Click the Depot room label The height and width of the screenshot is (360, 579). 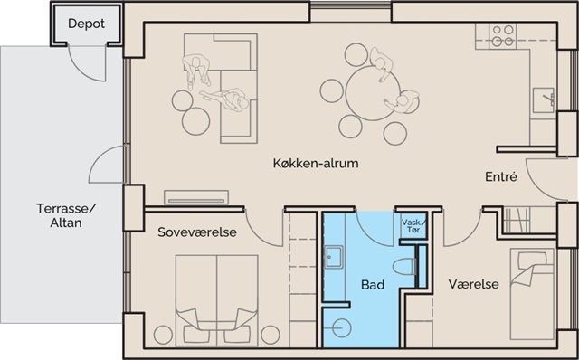pyautogui.click(x=87, y=24)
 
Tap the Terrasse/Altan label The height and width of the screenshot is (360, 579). pyautogui.click(x=66, y=215)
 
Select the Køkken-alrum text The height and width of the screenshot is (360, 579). pyautogui.click(x=316, y=163)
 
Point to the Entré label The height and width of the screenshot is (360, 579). pyautogui.click(x=501, y=177)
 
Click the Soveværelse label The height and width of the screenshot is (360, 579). pyautogui.click(x=197, y=232)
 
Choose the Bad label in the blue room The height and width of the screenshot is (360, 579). pyautogui.click(x=373, y=285)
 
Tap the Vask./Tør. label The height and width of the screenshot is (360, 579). pyautogui.click(x=413, y=226)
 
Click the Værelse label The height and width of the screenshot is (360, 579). pyautogui.click(x=473, y=284)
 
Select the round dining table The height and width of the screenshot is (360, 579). pyautogui.click(x=373, y=92)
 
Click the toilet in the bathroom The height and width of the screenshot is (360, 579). pyautogui.click(x=403, y=267)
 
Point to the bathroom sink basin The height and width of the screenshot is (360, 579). pyautogui.click(x=334, y=257)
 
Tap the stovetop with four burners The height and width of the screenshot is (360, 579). pyautogui.click(x=503, y=36)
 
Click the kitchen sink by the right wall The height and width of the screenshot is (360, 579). pyautogui.click(x=543, y=100)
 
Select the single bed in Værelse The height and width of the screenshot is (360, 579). pyautogui.click(x=532, y=294)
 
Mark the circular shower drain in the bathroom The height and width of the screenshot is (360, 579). pyautogui.click(x=342, y=327)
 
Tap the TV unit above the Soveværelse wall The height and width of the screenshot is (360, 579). pyautogui.click(x=196, y=197)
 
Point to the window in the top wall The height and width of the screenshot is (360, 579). pyautogui.click(x=350, y=6)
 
